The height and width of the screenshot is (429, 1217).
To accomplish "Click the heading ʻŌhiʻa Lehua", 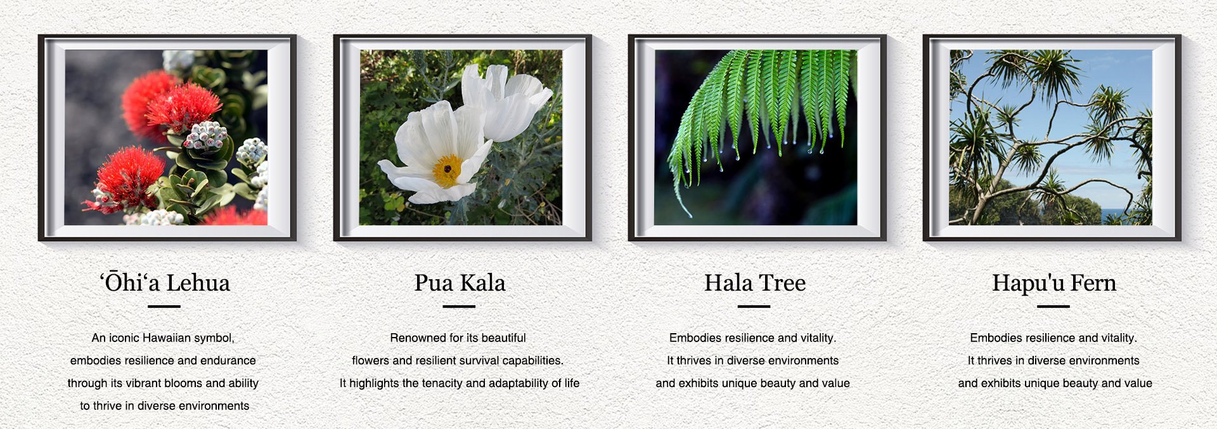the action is pyautogui.click(x=165, y=282).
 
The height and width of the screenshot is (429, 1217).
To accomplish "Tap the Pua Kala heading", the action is pyautogui.click(x=460, y=282).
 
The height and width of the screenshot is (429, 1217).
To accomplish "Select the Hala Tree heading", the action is pyautogui.click(x=755, y=282).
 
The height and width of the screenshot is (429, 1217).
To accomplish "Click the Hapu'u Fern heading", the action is pyautogui.click(x=1054, y=283).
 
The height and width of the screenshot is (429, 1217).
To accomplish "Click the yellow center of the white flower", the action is pyautogui.click(x=448, y=170).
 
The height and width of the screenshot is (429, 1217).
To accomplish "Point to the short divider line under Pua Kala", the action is pyautogui.click(x=459, y=307).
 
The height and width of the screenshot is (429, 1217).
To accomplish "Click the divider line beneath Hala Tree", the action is pyautogui.click(x=754, y=307).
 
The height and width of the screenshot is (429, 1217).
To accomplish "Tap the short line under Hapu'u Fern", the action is pyautogui.click(x=1053, y=307).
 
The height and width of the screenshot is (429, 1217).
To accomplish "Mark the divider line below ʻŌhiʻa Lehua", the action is pyautogui.click(x=164, y=307).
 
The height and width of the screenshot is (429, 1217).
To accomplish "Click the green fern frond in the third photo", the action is pyautogui.click(x=761, y=108).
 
